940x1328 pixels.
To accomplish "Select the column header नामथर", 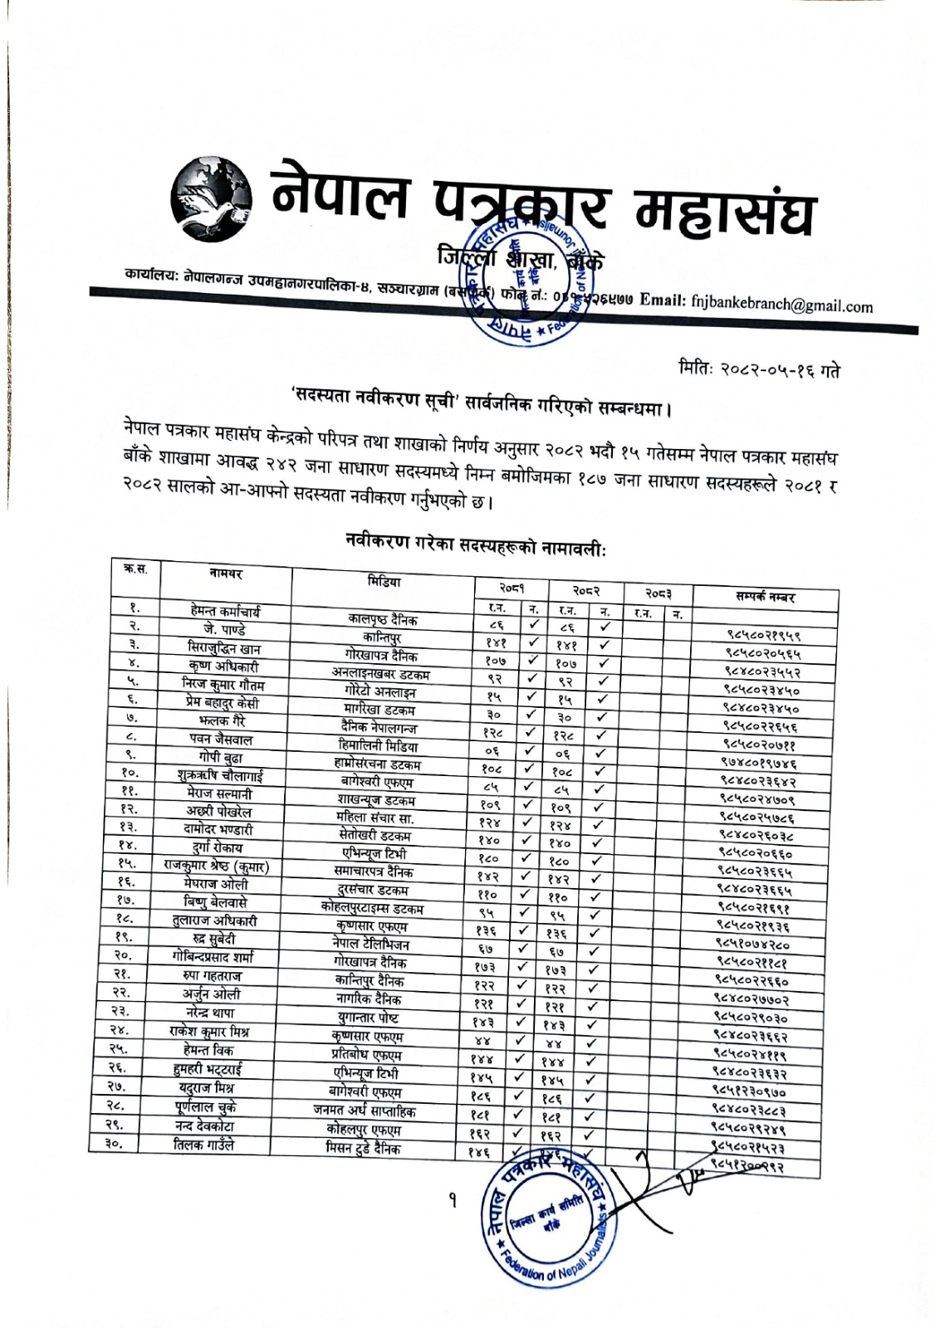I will pyautogui.click(x=226, y=574).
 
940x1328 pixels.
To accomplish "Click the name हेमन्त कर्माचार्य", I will pyautogui.click(x=226, y=611).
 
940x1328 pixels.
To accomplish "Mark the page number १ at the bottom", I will pyautogui.click(x=453, y=1201).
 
